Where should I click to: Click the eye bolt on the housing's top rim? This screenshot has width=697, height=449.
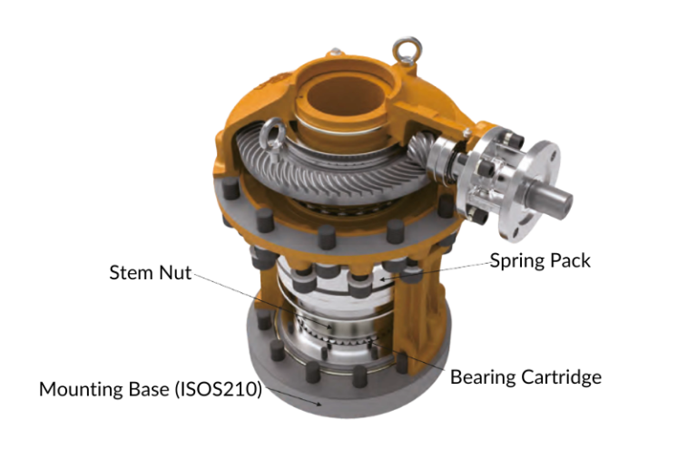401,47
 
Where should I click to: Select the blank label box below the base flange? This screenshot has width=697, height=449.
316,429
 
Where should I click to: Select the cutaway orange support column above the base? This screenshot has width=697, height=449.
420,308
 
